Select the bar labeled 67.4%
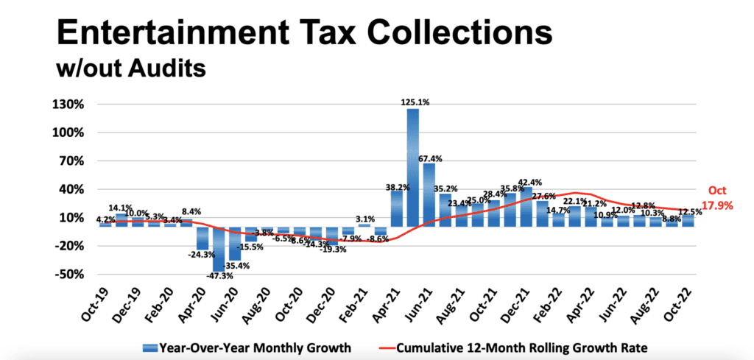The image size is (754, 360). tap(429, 194)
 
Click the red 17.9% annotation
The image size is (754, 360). tap(717, 206)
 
